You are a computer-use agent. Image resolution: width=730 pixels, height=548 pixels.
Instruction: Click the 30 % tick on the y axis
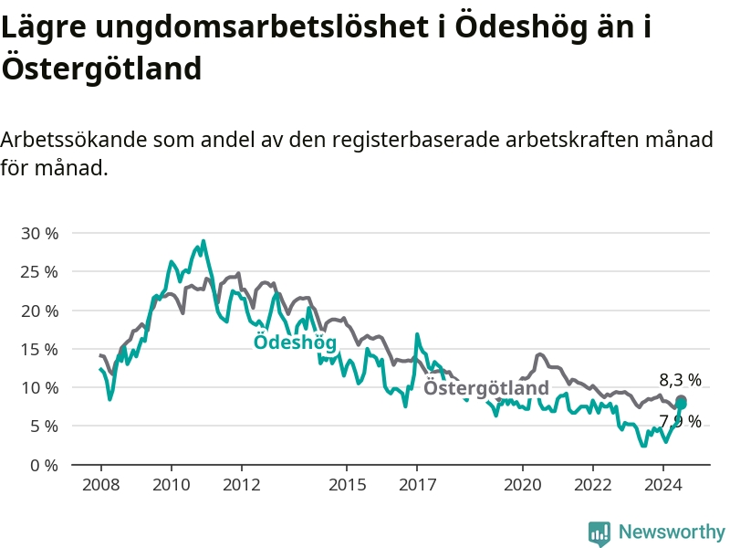tap(39, 233)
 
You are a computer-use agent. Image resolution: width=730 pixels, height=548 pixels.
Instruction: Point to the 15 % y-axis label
tap(39, 349)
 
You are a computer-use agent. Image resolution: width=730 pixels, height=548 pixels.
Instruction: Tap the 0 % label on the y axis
tap(44, 465)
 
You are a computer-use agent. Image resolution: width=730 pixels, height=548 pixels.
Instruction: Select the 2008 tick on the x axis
tap(101, 485)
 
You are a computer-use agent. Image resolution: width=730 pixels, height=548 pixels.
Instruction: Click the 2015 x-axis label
tap(347, 485)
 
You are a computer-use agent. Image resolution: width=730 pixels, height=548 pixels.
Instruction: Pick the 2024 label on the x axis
tap(663, 485)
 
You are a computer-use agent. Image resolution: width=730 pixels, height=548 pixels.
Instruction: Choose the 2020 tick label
tap(522, 485)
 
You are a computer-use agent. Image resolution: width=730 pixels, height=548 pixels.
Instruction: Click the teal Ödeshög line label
tap(295, 342)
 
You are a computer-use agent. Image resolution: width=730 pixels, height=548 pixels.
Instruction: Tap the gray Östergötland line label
tap(486, 387)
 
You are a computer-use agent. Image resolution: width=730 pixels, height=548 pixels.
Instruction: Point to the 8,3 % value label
tap(680, 380)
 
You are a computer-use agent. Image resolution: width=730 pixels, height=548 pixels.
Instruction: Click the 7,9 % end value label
tap(680, 421)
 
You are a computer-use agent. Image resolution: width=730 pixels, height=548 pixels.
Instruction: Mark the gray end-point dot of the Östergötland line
tap(681, 400)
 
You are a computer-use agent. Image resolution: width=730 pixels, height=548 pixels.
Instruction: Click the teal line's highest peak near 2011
tap(203, 241)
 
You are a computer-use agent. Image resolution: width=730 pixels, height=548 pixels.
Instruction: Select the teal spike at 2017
tap(417, 334)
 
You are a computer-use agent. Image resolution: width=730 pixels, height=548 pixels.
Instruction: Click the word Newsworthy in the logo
tap(672, 532)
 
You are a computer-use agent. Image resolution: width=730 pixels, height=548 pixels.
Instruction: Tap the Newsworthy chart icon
tap(600, 533)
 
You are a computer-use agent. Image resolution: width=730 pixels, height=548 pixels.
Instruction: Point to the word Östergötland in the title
tap(101, 68)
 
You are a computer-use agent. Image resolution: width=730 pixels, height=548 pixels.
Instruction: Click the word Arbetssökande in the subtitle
tap(74, 140)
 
